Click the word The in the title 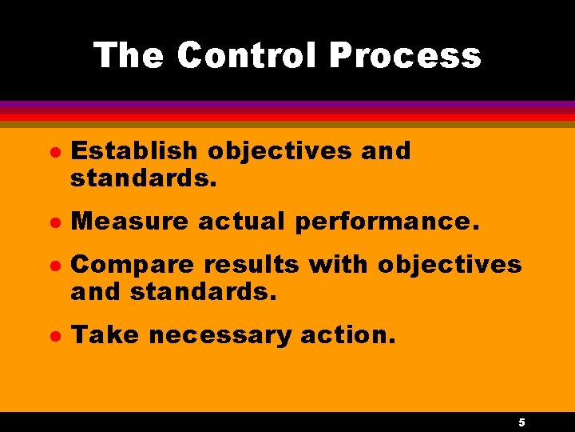click(128, 56)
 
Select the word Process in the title click(405, 56)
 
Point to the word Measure click(128, 221)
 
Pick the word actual click(242, 221)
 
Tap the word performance click(387, 222)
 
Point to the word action click(347, 335)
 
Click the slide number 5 click(521, 422)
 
